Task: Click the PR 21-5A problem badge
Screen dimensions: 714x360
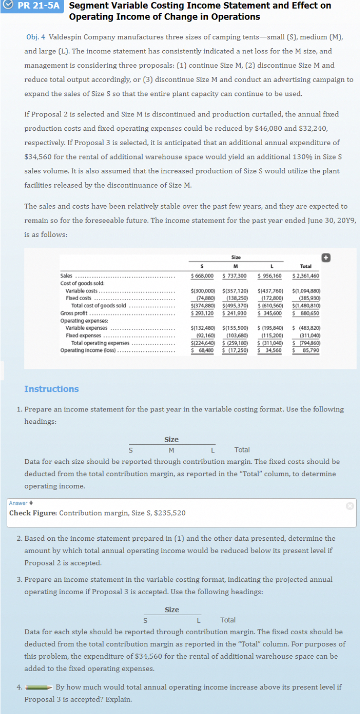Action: (32, 6)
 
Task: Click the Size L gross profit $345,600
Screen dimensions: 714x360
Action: (270, 313)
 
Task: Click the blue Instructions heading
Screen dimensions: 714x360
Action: (52, 389)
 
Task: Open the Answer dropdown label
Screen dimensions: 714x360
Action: (19, 503)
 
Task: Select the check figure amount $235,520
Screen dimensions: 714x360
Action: (169, 513)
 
